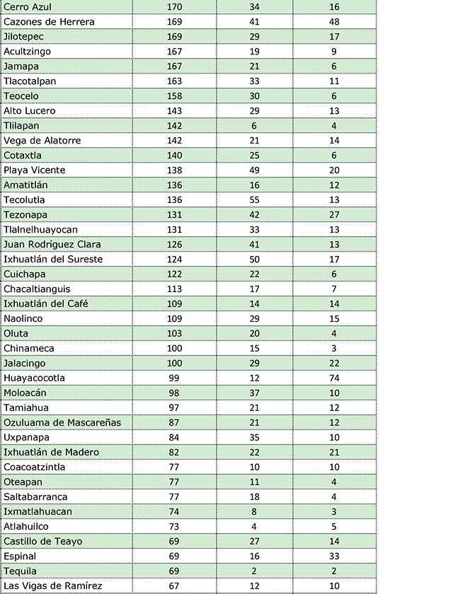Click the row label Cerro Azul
click(28, 7)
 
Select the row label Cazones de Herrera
click(49, 22)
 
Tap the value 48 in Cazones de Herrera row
click(334, 22)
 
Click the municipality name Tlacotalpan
click(30, 81)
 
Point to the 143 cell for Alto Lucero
click(174, 111)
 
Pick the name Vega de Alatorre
click(42, 141)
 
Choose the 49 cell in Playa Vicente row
click(254, 170)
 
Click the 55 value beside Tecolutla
click(254, 200)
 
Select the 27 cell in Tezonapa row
click(334, 215)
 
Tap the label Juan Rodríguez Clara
click(52, 245)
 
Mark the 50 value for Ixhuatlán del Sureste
click(254, 260)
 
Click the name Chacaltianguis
click(37, 289)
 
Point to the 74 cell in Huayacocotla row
click(334, 378)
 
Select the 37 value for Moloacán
click(254, 393)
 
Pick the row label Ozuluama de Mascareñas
click(62, 423)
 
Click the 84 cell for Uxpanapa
click(174, 438)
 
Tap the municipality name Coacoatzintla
click(35, 467)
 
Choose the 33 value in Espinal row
click(334, 557)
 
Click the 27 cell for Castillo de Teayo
click(254, 542)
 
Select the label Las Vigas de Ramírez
click(53, 586)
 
